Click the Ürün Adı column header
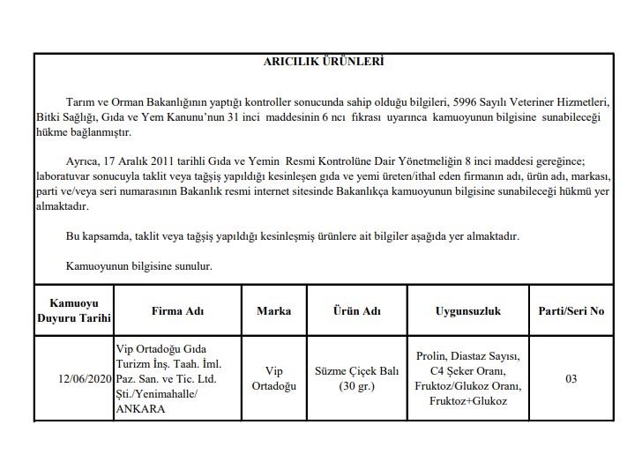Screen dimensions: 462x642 tap(356, 311)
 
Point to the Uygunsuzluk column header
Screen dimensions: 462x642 tap(467, 311)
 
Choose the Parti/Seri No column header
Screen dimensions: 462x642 tap(571, 311)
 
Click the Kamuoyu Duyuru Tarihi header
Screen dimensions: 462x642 tap(73, 311)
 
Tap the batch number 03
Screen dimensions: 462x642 tap(571, 379)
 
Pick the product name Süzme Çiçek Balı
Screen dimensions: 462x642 tap(356, 372)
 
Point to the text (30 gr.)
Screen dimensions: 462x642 tap(356, 386)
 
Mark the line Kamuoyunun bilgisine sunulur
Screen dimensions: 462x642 tap(138, 265)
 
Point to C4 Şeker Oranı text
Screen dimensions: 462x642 tap(467, 372)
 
